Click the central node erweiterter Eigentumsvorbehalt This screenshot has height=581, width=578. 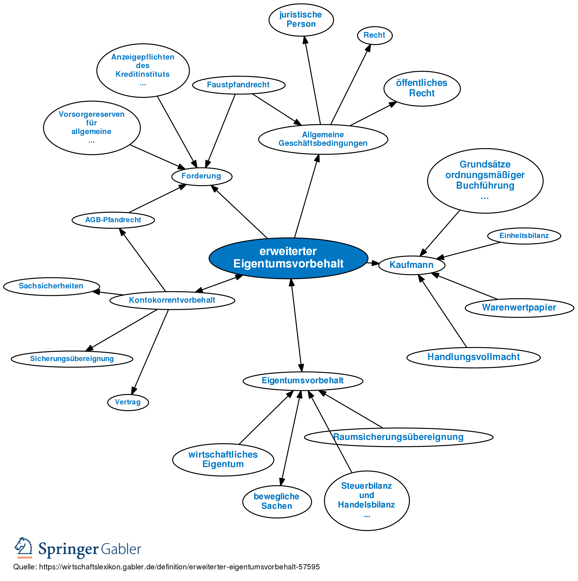pos(288,258)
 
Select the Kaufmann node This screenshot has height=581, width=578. pos(412,265)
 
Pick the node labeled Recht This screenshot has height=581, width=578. pos(375,35)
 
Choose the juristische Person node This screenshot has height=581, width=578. pos(301,20)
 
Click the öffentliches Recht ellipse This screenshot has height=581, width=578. pos(422,88)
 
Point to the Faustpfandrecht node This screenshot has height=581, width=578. pos(239,85)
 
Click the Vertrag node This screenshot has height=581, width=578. pos(128,402)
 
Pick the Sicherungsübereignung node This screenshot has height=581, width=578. pos(72,359)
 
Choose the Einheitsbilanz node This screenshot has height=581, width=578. pos(524,236)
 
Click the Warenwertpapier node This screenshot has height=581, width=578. pos(519,308)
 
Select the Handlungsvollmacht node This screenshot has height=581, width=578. pos(474,357)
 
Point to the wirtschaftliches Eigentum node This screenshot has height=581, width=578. pos(223,459)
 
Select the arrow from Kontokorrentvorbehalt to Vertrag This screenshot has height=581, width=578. pos(150,352)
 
